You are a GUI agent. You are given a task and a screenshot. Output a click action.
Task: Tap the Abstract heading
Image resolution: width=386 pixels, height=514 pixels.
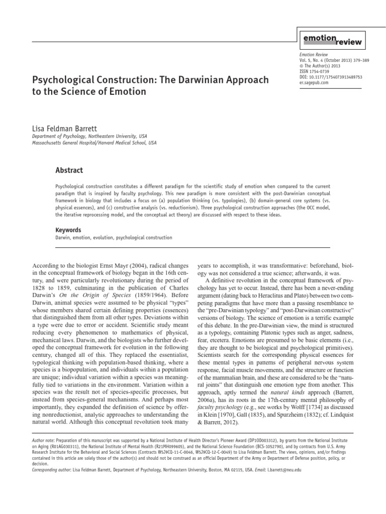(x=69, y=170)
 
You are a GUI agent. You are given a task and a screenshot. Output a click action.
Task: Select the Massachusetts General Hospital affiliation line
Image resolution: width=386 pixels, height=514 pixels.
(x=94, y=143)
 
